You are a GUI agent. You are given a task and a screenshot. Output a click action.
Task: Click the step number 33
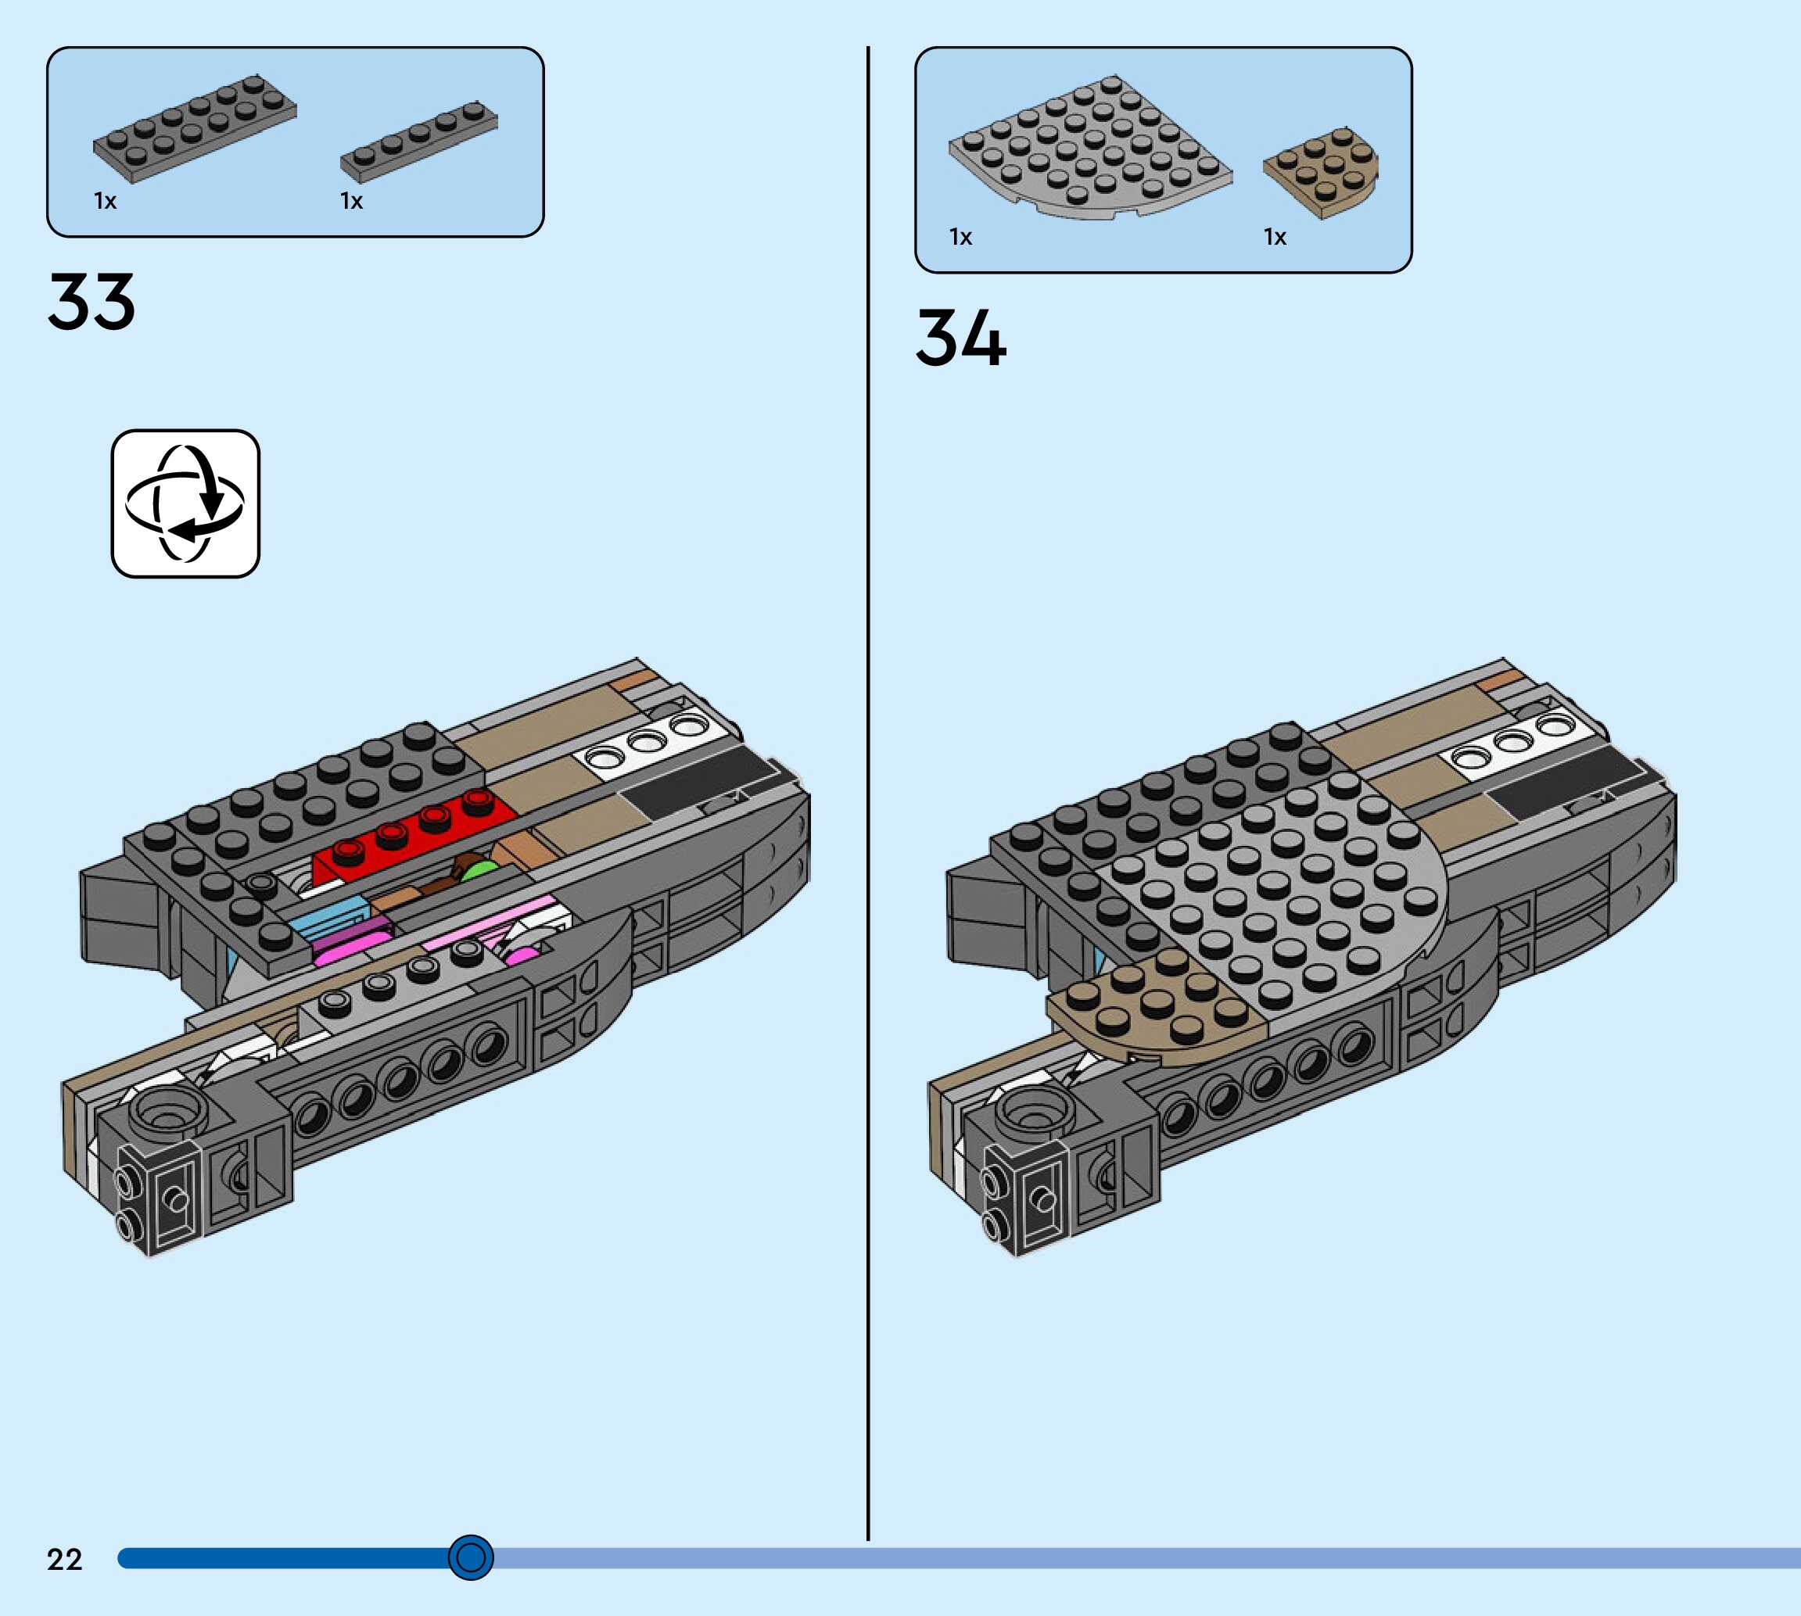91,302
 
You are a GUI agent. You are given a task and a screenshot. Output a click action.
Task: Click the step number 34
961,339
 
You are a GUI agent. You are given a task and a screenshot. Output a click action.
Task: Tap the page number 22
64,1559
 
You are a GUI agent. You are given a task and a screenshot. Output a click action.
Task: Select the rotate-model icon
185,503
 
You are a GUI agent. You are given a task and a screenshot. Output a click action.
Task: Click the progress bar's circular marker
471,1557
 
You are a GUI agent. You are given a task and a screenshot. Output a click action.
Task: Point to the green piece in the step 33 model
480,871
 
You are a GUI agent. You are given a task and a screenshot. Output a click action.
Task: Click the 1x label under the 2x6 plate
105,202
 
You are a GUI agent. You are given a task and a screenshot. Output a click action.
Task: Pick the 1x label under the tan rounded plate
1275,237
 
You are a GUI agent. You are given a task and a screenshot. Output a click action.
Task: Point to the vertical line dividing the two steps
867,799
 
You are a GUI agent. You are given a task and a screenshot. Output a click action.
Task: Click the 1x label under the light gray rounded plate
961,237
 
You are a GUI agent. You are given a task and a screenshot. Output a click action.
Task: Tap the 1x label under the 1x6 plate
352,202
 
